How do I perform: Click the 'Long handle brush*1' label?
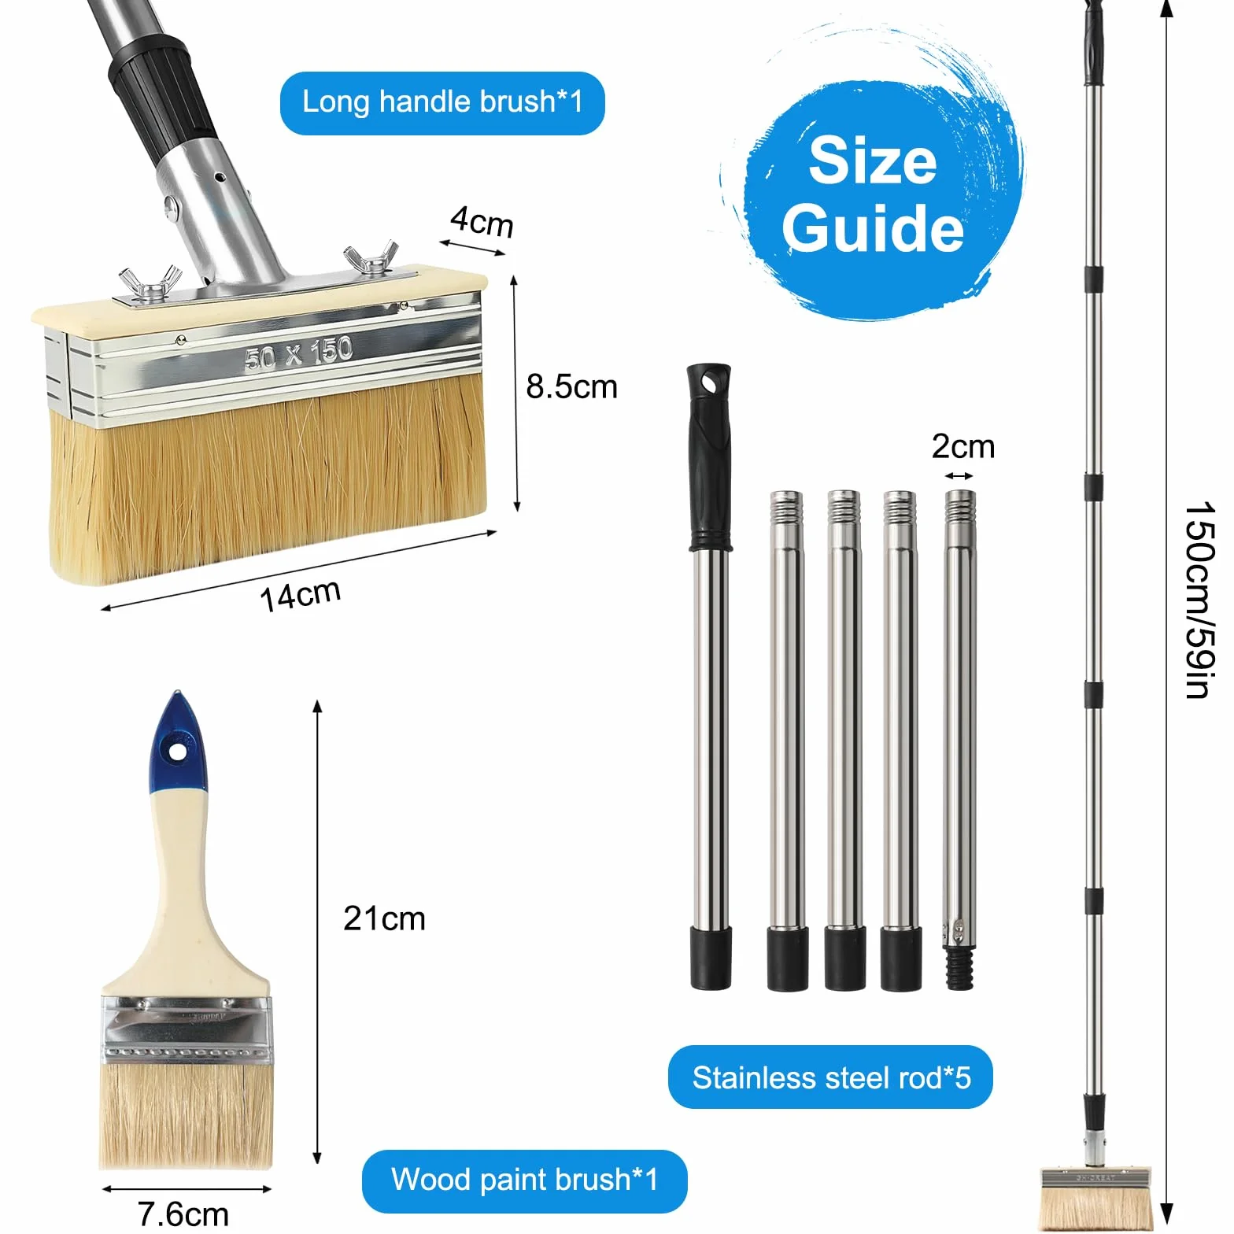(442, 102)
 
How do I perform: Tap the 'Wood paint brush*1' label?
(524, 1180)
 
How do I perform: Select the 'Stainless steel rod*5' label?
(831, 1077)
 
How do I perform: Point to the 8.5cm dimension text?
(571, 386)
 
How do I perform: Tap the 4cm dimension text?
(482, 221)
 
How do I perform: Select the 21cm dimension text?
(384, 918)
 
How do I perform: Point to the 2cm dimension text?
(963, 446)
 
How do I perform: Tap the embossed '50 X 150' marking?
(298, 353)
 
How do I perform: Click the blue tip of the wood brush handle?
(179, 743)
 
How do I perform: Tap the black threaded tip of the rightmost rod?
(959, 966)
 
